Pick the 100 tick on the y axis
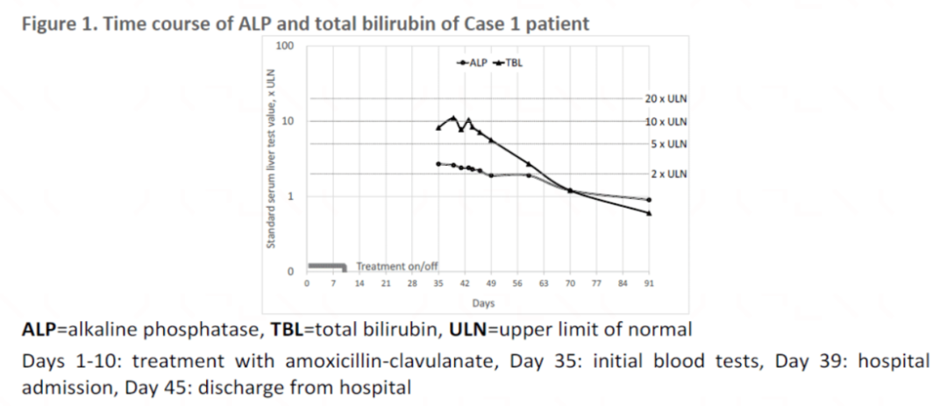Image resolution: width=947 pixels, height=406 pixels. click(x=284, y=46)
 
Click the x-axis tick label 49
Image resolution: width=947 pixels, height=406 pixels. click(x=491, y=283)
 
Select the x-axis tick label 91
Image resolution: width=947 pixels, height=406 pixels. click(x=649, y=283)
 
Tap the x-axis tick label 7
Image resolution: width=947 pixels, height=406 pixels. click(x=333, y=283)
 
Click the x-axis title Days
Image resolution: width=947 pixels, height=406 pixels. click(x=484, y=303)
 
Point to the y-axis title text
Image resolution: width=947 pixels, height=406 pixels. click(x=271, y=166)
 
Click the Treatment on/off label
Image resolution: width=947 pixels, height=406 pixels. click(x=396, y=267)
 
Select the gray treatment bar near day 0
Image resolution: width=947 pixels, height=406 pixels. click(x=327, y=266)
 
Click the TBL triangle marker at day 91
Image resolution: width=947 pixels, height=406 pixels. click(x=649, y=213)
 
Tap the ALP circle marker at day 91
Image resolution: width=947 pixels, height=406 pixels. click(x=649, y=200)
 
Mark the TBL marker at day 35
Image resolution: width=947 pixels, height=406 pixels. click(x=438, y=127)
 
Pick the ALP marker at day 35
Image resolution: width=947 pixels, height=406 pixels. click(x=438, y=164)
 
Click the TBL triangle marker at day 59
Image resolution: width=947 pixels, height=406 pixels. click(x=529, y=164)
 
